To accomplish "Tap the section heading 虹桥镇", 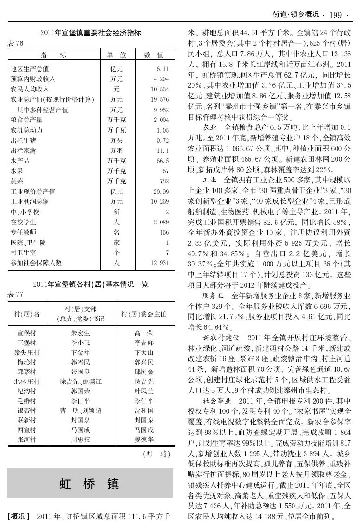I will pos(90,483).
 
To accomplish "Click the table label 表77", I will pos(15,293).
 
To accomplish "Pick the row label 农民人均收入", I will pos(30,89).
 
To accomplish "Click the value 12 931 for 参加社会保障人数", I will pos(160,263).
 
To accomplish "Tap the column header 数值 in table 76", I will pos(154,55).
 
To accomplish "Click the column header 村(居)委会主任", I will pos(144,314).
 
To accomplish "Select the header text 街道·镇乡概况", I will pos(295,15).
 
